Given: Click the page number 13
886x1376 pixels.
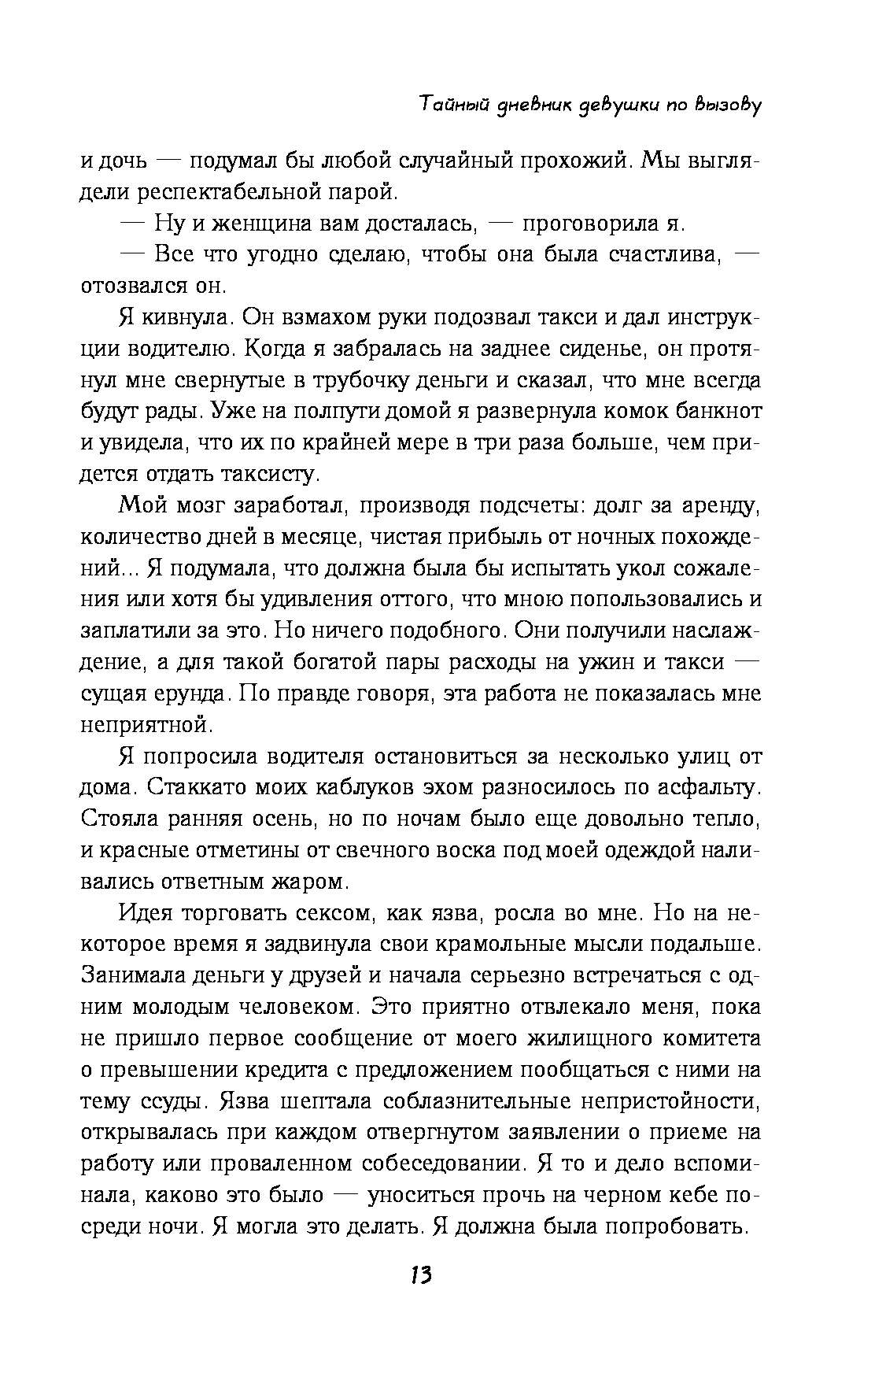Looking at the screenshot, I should (x=421, y=1297).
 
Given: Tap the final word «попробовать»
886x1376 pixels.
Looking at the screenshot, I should (x=677, y=1226).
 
